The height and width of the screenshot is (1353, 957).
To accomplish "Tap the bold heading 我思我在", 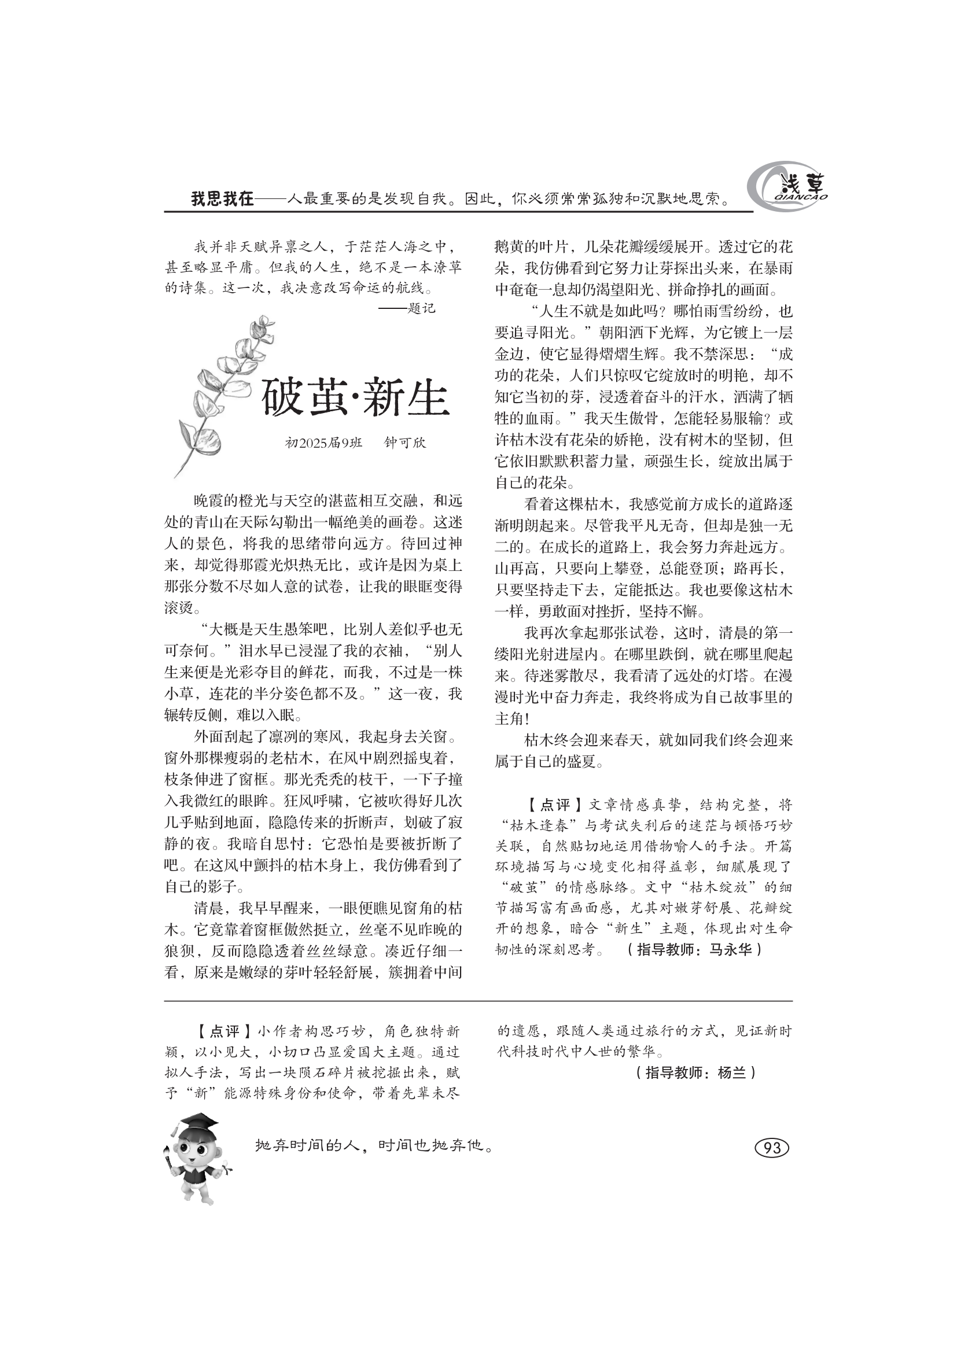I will tap(222, 199).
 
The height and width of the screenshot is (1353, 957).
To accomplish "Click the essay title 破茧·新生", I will tap(355, 398).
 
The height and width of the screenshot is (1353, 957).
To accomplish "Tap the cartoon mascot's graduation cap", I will tap(196, 1122).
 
